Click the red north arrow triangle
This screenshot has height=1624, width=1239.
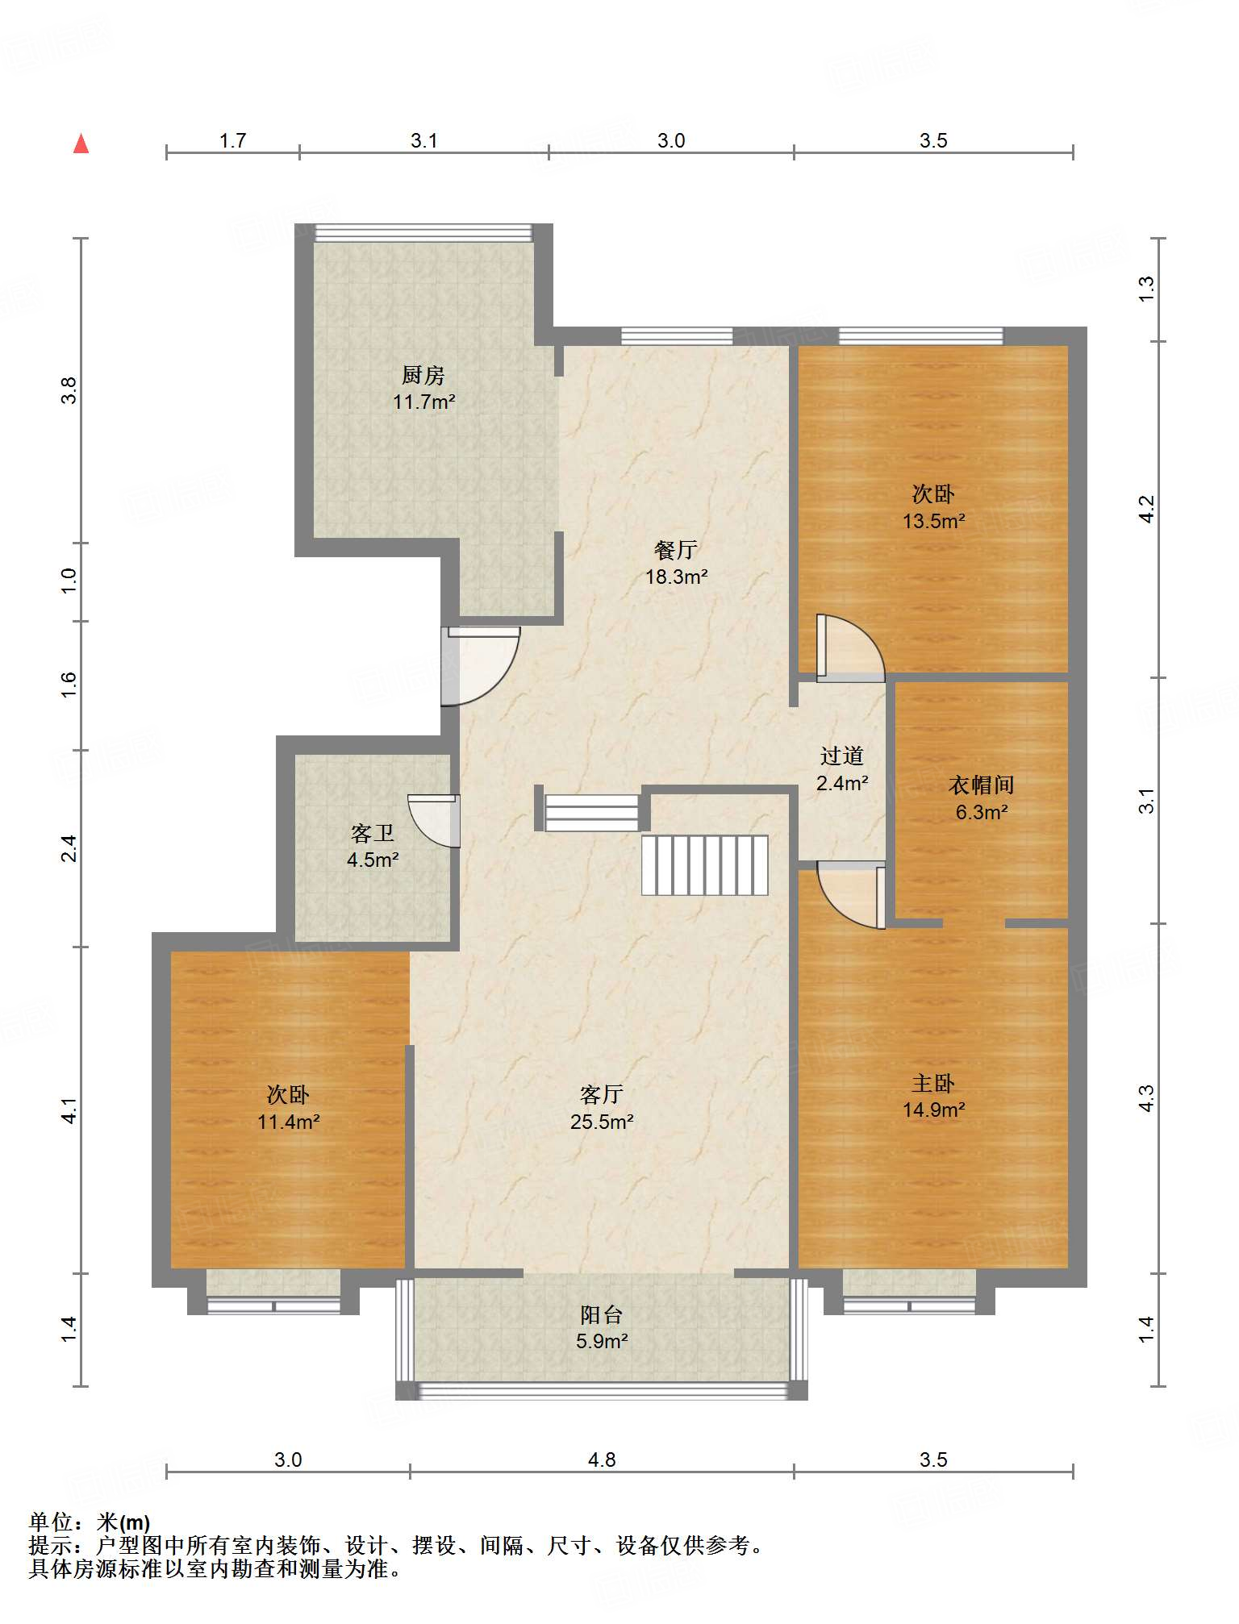[x=81, y=144]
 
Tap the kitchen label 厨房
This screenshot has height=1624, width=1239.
[x=423, y=375]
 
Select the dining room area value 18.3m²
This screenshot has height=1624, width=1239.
[x=677, y=577]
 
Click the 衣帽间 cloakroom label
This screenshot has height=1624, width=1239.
[x=982, y=785]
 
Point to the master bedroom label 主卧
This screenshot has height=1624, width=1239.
[x=933, y=1083]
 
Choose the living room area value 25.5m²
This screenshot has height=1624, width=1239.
[x=602, y=1122]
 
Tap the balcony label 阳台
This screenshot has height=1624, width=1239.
[x=602, y=1315]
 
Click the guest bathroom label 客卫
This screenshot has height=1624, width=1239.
[x=373, y=833]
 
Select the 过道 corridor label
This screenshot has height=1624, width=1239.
[x=842, y=756]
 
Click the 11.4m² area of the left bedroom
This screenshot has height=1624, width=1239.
[x=289, y=1122]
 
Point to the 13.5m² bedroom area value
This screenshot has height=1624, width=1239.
[x=934, y=521]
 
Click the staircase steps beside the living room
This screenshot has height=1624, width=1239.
[x=705, y=865]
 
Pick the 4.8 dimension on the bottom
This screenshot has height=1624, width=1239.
[x=602, y=1460]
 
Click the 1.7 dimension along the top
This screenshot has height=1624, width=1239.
[x=233, y=140]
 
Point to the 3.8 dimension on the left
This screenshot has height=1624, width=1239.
[x=69, y=390]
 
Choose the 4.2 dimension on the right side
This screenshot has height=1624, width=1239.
[x=1146, y=509]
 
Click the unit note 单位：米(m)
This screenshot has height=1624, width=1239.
[x=90, y=1522]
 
